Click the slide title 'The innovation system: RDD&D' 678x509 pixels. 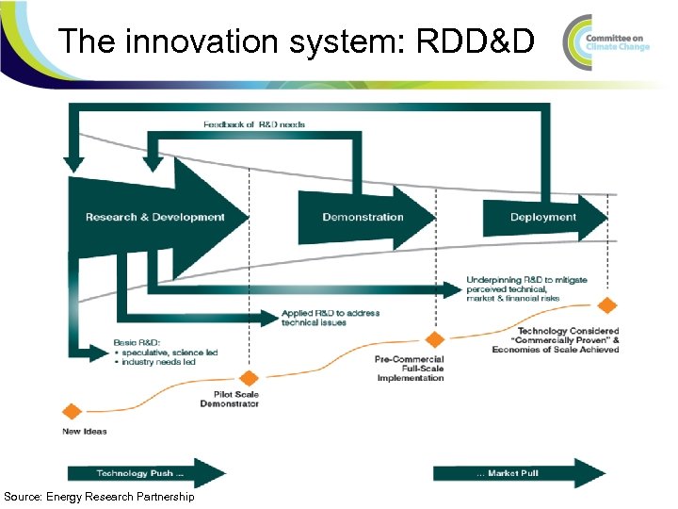pyautogui.click(x=296, y=41)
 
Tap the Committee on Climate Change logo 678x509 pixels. pyautogui.click(x=606, y=41)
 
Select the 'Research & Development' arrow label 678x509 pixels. pyautogui.click(x=155, y=217)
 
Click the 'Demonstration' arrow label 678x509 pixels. pyautogui.click(x=363, y=217)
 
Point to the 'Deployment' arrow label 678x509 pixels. pyautogui.click(x=543, y=217)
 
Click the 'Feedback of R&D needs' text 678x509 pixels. pyautogui.click(x=254, y=124)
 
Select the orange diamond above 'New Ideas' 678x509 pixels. pyautogui.click(x=71, y=411)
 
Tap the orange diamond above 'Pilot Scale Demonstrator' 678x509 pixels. pyautogui.click(x=250, y=377)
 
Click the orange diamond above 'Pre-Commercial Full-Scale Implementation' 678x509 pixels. pyautogui.click(x=434, y=339)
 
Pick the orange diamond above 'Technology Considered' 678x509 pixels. pyautogui.click(x=607, y=304)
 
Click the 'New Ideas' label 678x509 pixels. pyautogui.click(x=85, y=432)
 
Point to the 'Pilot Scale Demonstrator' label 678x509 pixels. pyautogui.click(x=229, y=399)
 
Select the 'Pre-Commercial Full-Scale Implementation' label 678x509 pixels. pyautogui.click(x=410, y=369)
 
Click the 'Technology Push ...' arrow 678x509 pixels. pyautogui.click(x=146, y=473)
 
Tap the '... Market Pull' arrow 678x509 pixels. pyautogui.click(x=518, y=473)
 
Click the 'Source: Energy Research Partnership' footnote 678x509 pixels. pyautogui.click(x=99, y=497)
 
